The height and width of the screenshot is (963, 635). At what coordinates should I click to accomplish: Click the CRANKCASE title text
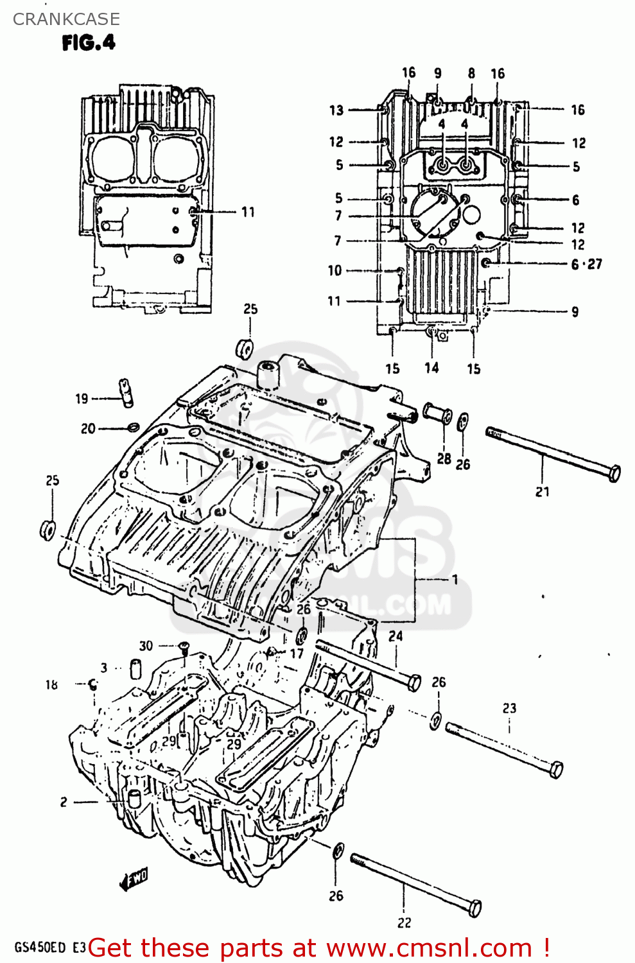click(66, 19)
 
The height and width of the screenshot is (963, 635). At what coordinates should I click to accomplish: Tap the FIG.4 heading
click(89, 43)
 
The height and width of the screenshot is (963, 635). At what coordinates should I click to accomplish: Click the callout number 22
click(404, 923)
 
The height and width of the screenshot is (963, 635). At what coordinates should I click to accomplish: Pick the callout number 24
click(396, 636)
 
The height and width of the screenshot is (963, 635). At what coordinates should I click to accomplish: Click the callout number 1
click(455, 580)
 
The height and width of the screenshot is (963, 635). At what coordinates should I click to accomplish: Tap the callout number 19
click(82, 399)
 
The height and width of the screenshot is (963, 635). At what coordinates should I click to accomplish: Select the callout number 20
click(88, 429)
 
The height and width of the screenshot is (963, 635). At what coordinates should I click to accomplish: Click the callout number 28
click(444, 458)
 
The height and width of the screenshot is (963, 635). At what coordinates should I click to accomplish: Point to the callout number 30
click(146, 646)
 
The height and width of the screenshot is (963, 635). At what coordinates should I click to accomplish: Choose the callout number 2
click(64, 802)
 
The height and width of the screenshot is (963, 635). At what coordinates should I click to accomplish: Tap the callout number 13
click(336, 110)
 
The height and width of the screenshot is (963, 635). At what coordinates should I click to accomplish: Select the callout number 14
click(431, 368)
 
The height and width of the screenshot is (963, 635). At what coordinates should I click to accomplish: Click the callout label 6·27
click(586, 264)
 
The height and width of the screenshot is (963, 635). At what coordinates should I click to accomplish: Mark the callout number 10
click(335, 270)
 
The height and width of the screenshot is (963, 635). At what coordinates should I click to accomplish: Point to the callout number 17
click(296, 654)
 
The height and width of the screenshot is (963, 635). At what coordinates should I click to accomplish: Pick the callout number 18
click(51, 685)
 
